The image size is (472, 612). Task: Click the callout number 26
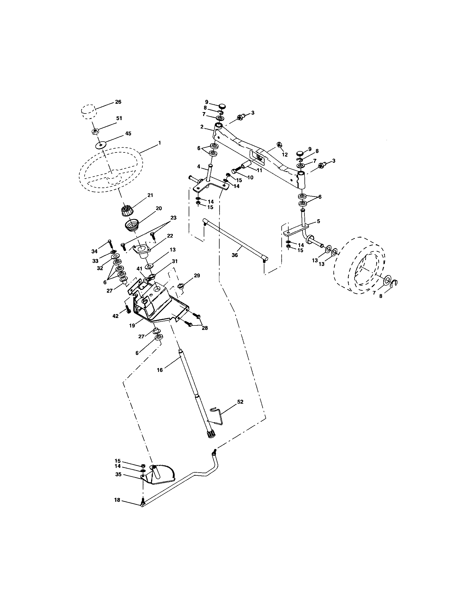(x=118, y=102)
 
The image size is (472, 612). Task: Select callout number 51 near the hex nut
(x=119, y=119)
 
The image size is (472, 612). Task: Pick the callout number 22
(x=170, y=236)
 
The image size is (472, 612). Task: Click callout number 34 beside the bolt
(x=94, y=251)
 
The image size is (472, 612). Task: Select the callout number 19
(x=132, y=326)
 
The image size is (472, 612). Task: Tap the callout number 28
(x=205, y=328)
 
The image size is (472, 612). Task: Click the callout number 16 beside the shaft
(x=159, y=370)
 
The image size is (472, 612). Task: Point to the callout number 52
(x=240, y=402)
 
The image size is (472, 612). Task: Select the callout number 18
(x=117, y=500)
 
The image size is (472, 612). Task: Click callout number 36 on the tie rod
(x=235, y=255)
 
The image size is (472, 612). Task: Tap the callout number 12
(x=284, y=154)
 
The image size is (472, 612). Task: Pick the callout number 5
(x=318, y=221)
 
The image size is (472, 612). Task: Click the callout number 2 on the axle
(x=202, y=127)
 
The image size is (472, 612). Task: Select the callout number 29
(x=197, y=276)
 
